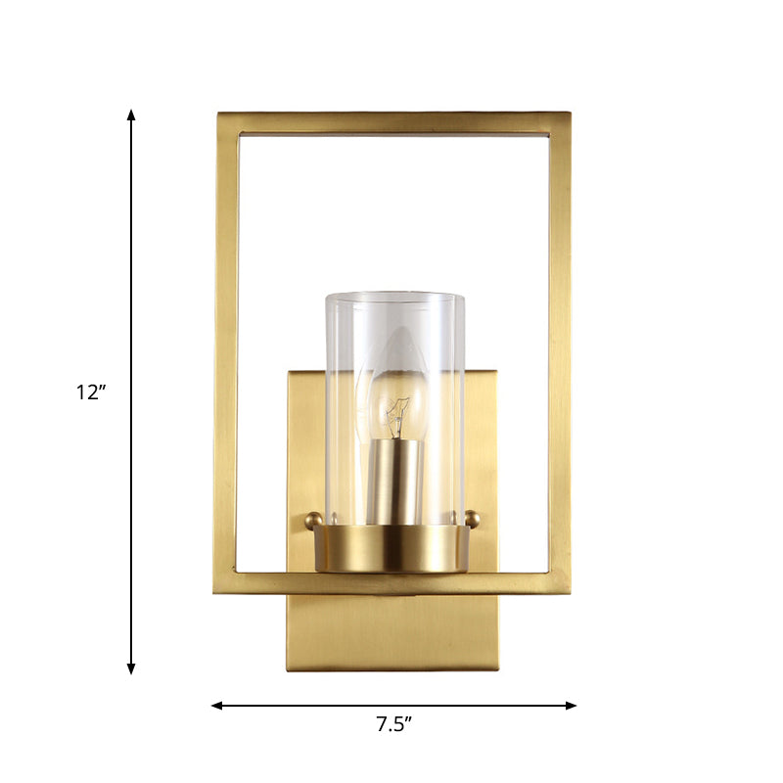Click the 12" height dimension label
tap(90, 392)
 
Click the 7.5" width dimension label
tap(393, 724)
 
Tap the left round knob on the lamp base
tap(313, 520)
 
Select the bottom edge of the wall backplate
tap(392, 669)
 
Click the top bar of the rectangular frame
tap(392, 122)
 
